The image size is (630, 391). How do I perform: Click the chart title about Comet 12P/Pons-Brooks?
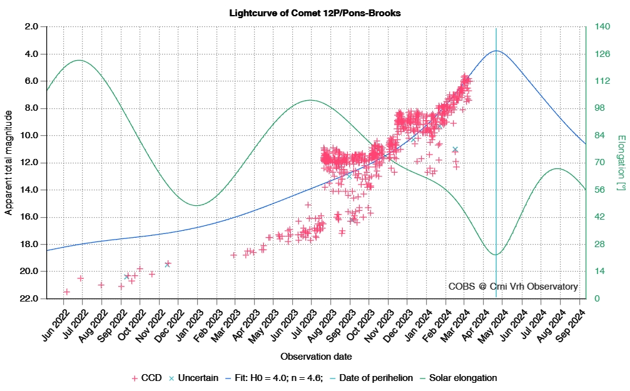point(315,13)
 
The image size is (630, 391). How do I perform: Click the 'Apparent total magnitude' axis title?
point(9,163)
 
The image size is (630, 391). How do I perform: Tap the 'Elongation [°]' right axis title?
point(620,163)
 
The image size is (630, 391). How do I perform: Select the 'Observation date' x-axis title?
point(315,357)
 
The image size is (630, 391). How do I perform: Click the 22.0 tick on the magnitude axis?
point(31,298)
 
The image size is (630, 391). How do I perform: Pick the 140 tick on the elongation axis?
point(602,27)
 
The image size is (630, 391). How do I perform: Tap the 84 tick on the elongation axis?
point(599,136)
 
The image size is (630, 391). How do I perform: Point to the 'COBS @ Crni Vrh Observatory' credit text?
point(513,287)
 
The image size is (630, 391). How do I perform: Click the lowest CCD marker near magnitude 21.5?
point(66,292)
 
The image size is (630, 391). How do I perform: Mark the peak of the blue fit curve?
point(496,51)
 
